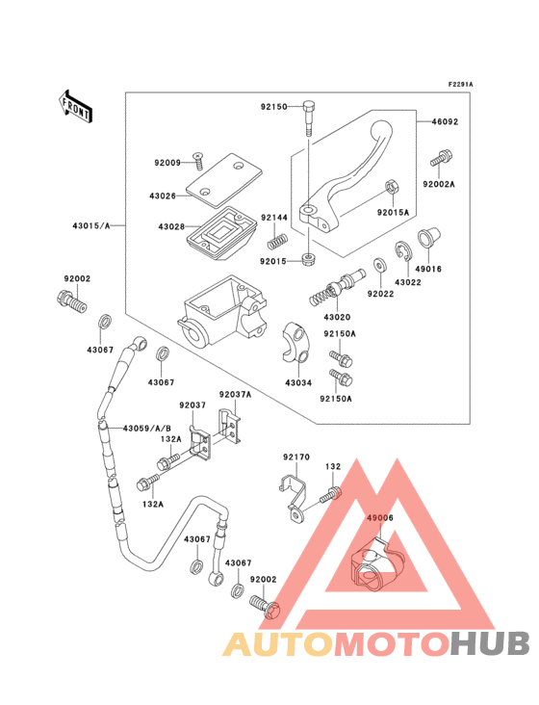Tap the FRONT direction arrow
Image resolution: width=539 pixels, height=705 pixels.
pyautogui.click(x=76, y=105)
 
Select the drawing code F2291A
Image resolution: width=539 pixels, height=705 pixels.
pyautogui.click(x=460, y=85)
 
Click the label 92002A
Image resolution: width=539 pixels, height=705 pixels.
pyautogui.click(x=439, y=182)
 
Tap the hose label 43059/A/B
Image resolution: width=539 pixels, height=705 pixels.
pyautogui.click(x=146, y=428)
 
